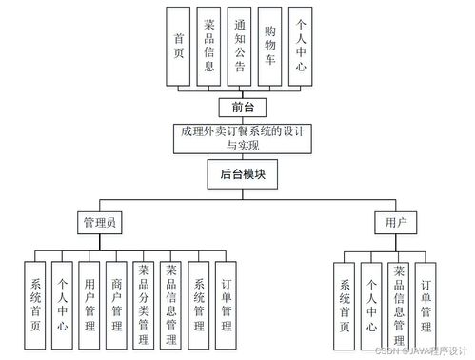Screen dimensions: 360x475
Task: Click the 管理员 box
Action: click(x=99, y=223)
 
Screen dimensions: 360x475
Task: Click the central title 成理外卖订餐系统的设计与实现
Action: click(x=240, y=139)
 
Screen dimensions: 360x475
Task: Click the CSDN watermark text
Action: click(x=418, y=350)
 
